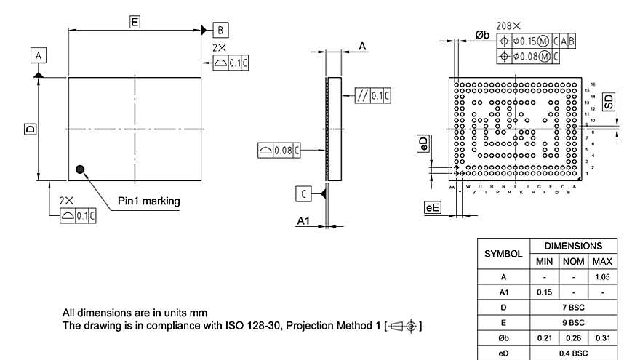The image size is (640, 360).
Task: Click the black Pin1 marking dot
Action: click(x=80, y=169)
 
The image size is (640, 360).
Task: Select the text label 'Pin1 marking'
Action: click(x=148, y=201)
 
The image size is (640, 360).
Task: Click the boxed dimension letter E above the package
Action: click(x=135, y=22)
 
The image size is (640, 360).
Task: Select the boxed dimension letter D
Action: click(x=30, y=129)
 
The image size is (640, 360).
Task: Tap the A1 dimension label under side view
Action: click(x=304, y=221)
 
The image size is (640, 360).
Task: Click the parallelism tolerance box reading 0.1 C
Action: click(x=373, y=96)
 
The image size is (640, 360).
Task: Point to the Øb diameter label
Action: click(x=481, y=35)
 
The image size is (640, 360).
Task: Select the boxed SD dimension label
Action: click(x=608, y=102)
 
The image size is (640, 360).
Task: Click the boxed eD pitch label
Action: click(x=423, y=144)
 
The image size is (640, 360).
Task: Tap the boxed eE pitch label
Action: click(x=433, y=208)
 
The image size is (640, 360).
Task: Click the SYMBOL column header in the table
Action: click(x=503, y=254)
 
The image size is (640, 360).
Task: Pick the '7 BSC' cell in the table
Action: click(x=575, y=308)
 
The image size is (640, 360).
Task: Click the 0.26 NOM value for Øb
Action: click(x=575, y=338)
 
